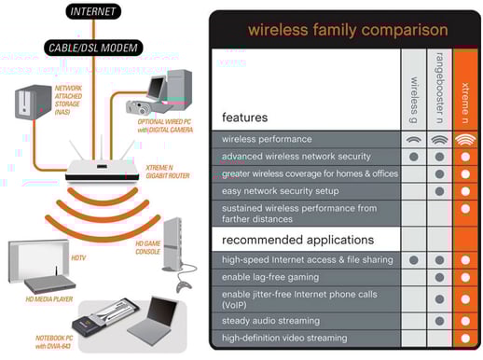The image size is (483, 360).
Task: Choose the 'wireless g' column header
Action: pyautogui.click(x=415, y=89)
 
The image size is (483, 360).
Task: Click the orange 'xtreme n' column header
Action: pyautogui.click(x=464, y=89)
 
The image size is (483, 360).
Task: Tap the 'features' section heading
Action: pyautogui.click(x=244, y=118)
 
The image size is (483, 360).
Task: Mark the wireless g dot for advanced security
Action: pyautogui.click(x=413, y=157)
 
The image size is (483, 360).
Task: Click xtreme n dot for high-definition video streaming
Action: pyautogui.click(x=464, y=338)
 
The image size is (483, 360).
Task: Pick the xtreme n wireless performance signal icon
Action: pyautogui.click(x=464, y=139)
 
